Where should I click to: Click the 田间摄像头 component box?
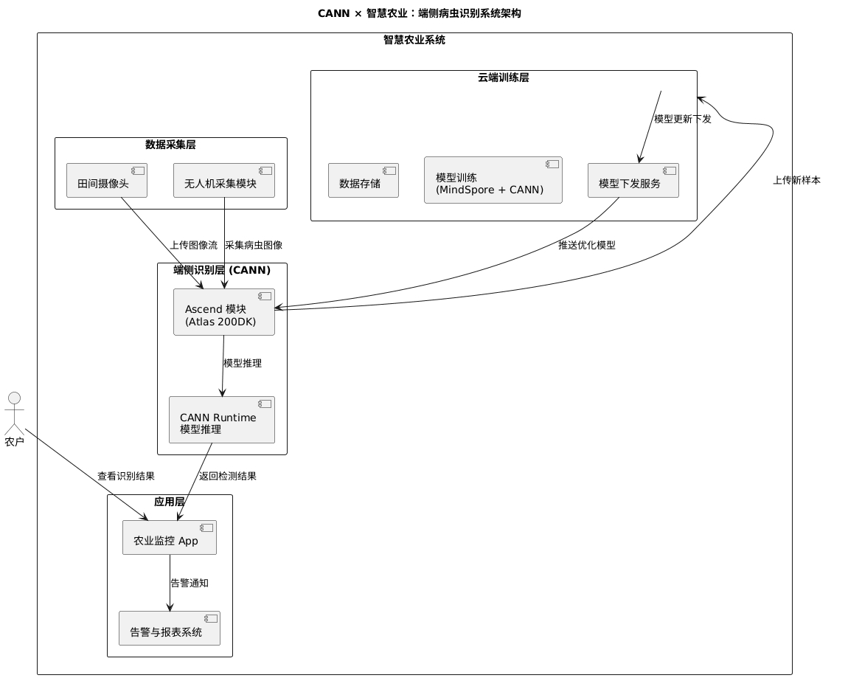coord(106,180)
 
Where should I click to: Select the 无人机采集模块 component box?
coord(223,180)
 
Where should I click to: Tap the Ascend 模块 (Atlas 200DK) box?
coord(223,312)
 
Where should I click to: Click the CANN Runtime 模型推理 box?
coord(221,420)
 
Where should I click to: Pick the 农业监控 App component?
coord(169,537)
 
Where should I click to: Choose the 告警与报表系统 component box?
coord(169,629)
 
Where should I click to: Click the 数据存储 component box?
coord(363,180)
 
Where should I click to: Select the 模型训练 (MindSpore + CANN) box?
coord(493,180)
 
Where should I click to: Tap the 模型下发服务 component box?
coord(633,180)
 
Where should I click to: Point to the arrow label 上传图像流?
coord(193,245)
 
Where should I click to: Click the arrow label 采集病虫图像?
coord(254,245)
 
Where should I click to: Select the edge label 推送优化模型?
coord(586,245)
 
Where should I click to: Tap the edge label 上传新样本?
coord(796,180)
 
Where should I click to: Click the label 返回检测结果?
coord(228,476)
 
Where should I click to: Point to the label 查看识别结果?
coord(126,476)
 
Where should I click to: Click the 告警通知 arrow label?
coord(190,583)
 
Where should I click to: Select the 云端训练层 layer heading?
coord(503,77)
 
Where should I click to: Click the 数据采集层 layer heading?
coord(170,145)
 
